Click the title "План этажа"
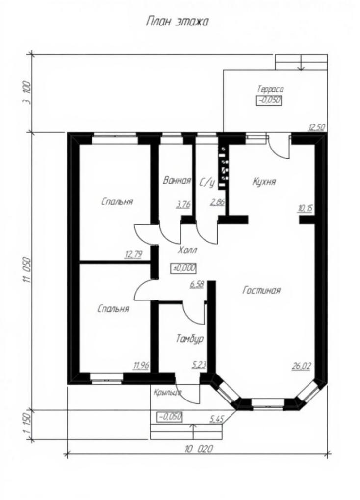coord(177,22)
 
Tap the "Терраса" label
coord(270,89)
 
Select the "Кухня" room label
coord(264,182)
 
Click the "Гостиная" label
coord(261,290)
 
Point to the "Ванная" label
coord(177,181)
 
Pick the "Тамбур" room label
coord(190,339)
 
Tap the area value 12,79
coord(133,254)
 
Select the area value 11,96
coord(141,365)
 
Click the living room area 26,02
coord(301,366)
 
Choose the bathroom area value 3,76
coord(183,204)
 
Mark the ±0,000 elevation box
coord(184,268)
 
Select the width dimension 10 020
coord(199,450)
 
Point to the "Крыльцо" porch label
coord(167,392)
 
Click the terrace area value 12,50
coord(317,128)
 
